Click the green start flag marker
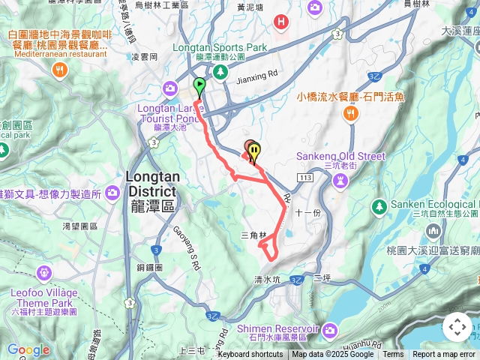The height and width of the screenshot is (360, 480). coord(199,85)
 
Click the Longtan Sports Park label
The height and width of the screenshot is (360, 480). coord(220,46)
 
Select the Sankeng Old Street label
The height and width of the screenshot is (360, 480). coord(340,156)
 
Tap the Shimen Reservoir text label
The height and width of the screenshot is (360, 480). coord(277,328)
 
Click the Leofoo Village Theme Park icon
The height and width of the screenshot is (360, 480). coord(43,271)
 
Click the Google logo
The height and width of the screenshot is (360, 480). coord(28,349)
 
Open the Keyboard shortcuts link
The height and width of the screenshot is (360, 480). coord(250,355)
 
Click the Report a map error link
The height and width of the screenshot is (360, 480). coord(443,355)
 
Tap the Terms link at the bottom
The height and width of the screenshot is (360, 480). coord(393,355)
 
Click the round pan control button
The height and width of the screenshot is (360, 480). coord(457,328)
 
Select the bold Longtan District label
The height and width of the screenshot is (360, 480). coord(151,184)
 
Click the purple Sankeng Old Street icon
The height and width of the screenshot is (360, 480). coord(340,180)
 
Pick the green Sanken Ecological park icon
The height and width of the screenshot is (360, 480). coord(379,205)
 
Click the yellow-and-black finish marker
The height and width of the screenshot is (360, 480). coord(255,152)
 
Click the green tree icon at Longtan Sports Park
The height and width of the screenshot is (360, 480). coord(220,71)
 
